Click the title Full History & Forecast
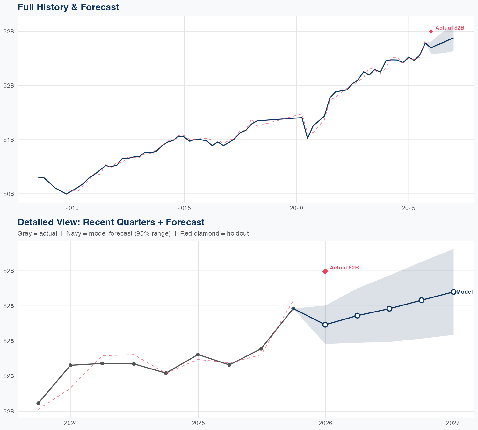point(68,7)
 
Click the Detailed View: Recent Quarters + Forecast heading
point(111,222)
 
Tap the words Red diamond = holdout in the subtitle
point(214,233)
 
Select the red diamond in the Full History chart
point(431,31)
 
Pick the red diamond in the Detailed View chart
point(325,271)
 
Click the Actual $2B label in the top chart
point(450,28)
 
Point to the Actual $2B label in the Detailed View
point(344,268)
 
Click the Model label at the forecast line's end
point(464,292)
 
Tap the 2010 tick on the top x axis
point(72,208)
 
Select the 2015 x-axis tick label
point(184,208)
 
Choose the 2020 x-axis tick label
point(296,208)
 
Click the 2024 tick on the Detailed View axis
point(70,423)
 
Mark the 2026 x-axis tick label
point(325,423)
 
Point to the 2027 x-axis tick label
point(453,423)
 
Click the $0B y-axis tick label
point(9,194)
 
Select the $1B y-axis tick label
point(9,140)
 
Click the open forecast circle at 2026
point(325,325)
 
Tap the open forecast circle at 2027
point(453,292)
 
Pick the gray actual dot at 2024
point(70,365)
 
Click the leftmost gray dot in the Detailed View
point(38,403)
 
